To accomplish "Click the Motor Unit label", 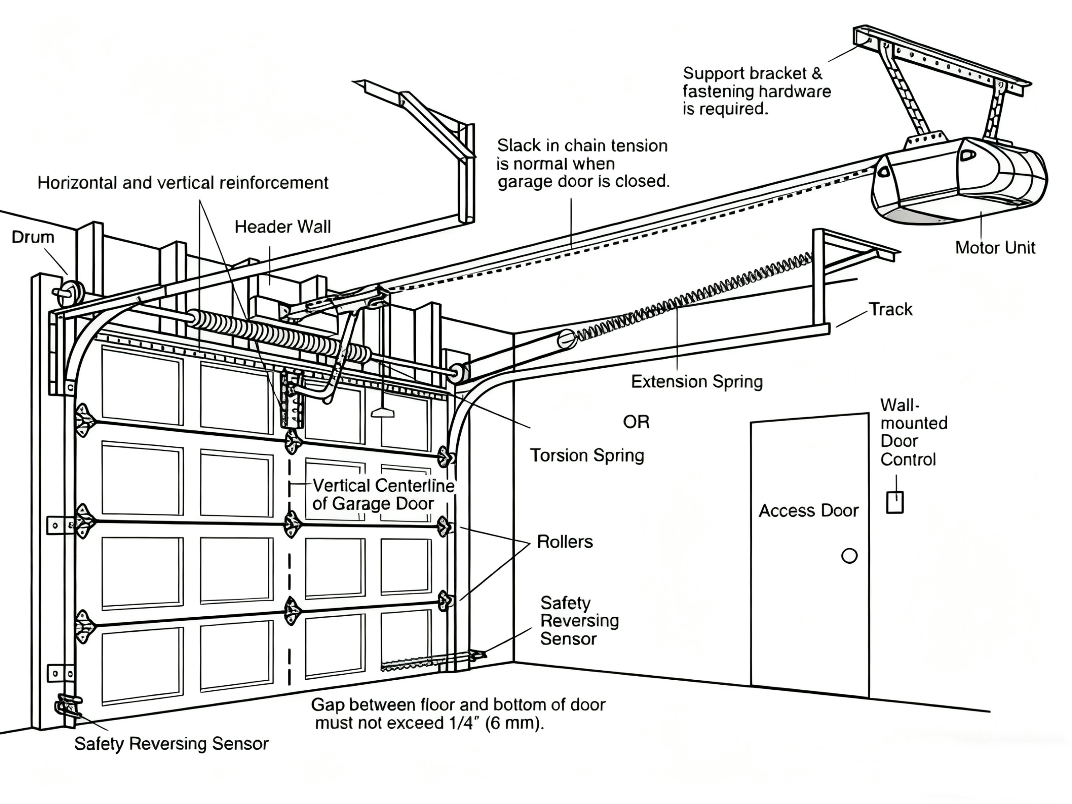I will (x=994, y=248).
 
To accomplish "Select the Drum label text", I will (x=33, y=237).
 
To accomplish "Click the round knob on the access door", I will (x=849, y=555).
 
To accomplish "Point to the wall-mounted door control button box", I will (x=895, y=502).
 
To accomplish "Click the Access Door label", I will (x=808, y=510).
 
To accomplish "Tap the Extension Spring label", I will (x=697, y=381).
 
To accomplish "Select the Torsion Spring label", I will (x=586, y=455).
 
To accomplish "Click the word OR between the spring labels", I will (x=636, y=422).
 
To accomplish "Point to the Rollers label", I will (x=565, y=541).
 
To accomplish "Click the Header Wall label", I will (x=283, y=226).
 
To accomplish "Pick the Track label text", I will (x=890, y=309).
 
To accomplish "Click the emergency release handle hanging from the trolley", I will (x=382, y=412).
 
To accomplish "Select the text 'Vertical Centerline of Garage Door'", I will (x=383, y=494).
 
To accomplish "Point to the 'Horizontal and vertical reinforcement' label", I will (x=183, y=183).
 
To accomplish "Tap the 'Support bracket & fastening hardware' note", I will (x=756, y=91).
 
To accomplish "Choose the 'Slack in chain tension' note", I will (x=583, y=163).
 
